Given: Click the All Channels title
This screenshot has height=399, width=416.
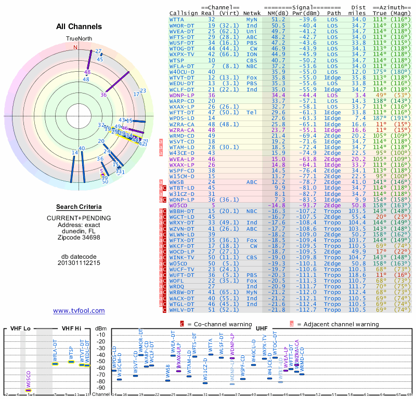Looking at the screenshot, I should pyautogui.click(x=79, y=26).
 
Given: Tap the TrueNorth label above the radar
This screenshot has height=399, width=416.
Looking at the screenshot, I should pyautogui.click(x=79, y=39).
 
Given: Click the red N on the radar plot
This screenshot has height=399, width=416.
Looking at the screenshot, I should pyautogui.click(x=75, y=47).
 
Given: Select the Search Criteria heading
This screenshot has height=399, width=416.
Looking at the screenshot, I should pyautogui.click(x=79, y=206).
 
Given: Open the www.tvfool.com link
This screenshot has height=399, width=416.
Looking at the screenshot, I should pyautogui.click(x=79, y=311).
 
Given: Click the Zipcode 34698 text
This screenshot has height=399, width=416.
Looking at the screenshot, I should pyautogui.click(x=79, y=237).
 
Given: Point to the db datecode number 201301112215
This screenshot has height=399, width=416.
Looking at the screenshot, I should pyautogui.click(x=79, y=263).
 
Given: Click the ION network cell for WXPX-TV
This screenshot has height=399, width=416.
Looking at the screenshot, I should pyautogui.click(x=252, y=54).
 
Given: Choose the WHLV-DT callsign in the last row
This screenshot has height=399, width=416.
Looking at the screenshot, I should pyautogui.click(x=182, y=310).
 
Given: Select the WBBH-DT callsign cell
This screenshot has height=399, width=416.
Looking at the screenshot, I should pyautogui.click(x=182, y=212).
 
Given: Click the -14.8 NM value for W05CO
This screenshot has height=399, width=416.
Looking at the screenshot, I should pyautogui.click(x=277, y=205).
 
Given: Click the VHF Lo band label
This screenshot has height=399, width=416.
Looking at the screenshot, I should pyautogui.click(x=19, y=328).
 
